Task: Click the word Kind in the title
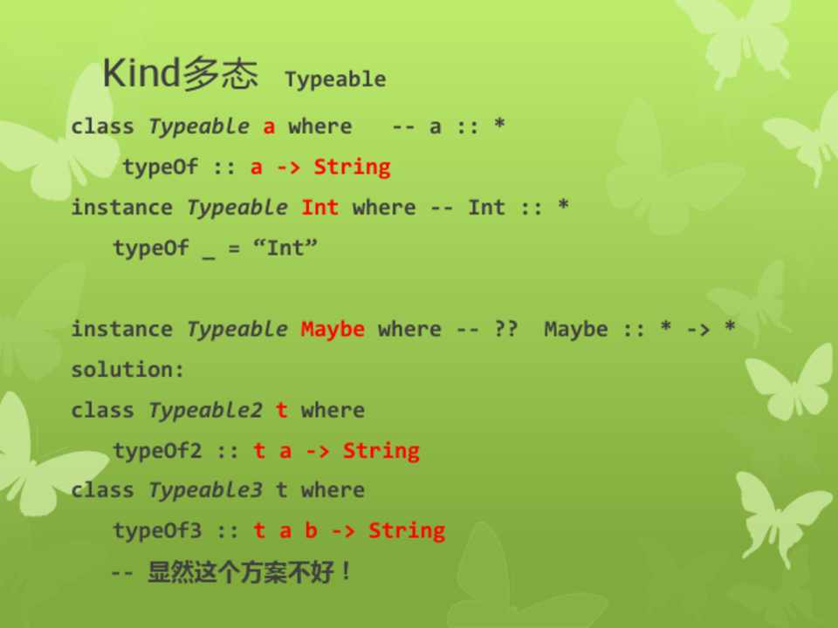[141, 72]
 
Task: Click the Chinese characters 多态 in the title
[220, 72]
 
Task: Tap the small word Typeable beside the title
[335, 79]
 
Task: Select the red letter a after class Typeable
[269, 127]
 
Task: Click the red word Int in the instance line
[319, 208]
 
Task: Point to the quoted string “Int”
[285, 248]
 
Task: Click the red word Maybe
[333, 330]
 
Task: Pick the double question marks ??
[505, 329]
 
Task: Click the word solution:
[127, 369]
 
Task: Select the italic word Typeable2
[205, 410]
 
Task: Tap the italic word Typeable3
[205, 489]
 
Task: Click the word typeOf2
[157, 451]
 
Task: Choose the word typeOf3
[157, 530]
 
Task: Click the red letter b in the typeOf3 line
[311, 529]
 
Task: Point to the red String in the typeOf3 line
[407, 531]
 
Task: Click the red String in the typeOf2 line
[381, 451]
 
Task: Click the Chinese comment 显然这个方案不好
[241, 571]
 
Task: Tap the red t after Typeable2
[282, 410]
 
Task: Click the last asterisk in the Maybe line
[730, 325]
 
